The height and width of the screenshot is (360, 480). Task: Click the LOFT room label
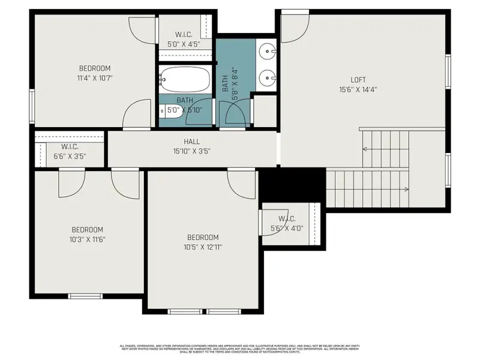pos(358,80)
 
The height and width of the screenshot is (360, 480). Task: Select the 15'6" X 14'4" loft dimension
pos(358,90)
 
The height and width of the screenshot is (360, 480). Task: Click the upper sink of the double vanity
pos(268,52)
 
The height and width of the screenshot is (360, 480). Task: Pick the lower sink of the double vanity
pos(268,76)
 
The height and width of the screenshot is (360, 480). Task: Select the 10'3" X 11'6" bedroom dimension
pos(88,239)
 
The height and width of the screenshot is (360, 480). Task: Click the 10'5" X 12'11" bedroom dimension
pos(202,247)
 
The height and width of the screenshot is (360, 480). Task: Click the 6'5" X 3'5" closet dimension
pos(70,157)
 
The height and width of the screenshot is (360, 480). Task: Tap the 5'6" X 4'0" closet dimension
pos(287,228)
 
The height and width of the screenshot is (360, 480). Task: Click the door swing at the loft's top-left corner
pos(295,28)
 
